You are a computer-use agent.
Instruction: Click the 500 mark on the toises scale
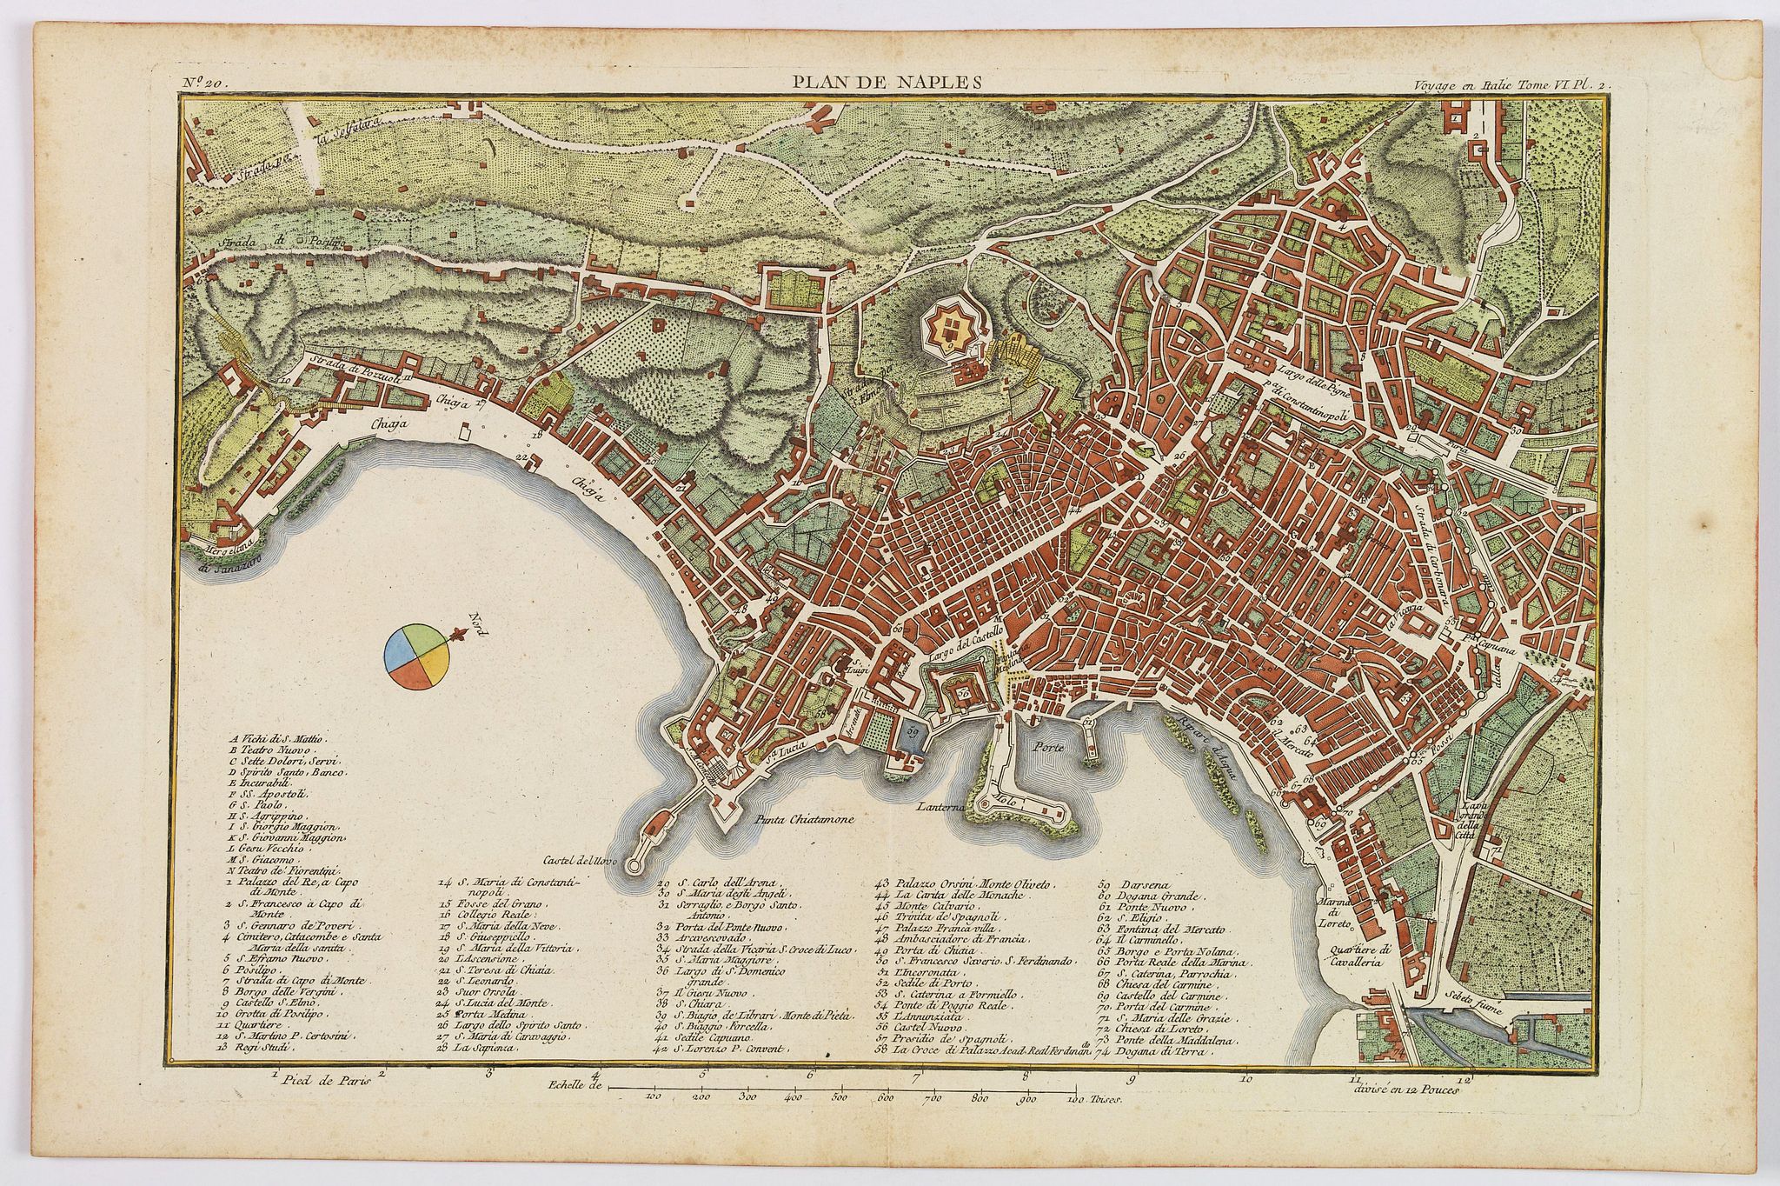point(840,1098)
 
